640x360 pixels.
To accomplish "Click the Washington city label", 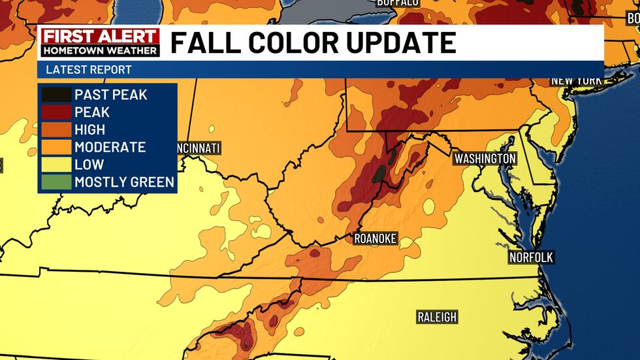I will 485,159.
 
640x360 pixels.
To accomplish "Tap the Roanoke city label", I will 375,238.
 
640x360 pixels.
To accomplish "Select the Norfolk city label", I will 531,257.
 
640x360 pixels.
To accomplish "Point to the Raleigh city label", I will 437,318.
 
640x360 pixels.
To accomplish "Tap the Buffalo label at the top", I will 397,3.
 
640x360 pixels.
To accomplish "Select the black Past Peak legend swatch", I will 56,95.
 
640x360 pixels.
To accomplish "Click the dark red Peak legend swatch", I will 56,112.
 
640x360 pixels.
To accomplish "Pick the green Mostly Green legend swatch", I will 56,182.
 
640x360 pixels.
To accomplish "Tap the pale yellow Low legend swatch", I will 56,165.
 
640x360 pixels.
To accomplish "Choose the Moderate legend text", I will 110,147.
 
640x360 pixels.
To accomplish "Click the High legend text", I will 89,130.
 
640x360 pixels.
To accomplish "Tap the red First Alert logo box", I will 100,37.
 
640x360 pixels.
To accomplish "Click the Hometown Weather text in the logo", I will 100,50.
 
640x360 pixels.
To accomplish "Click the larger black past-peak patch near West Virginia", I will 379,173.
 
